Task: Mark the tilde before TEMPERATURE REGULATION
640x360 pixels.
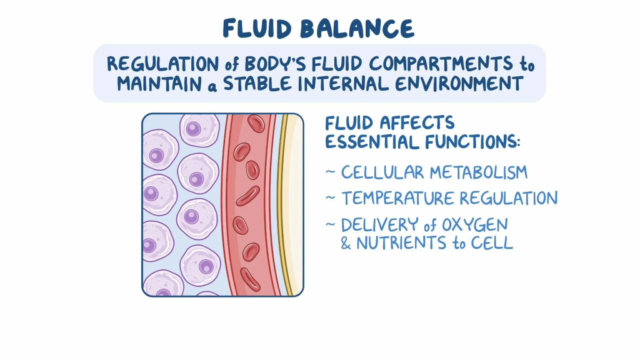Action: point(331,199)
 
